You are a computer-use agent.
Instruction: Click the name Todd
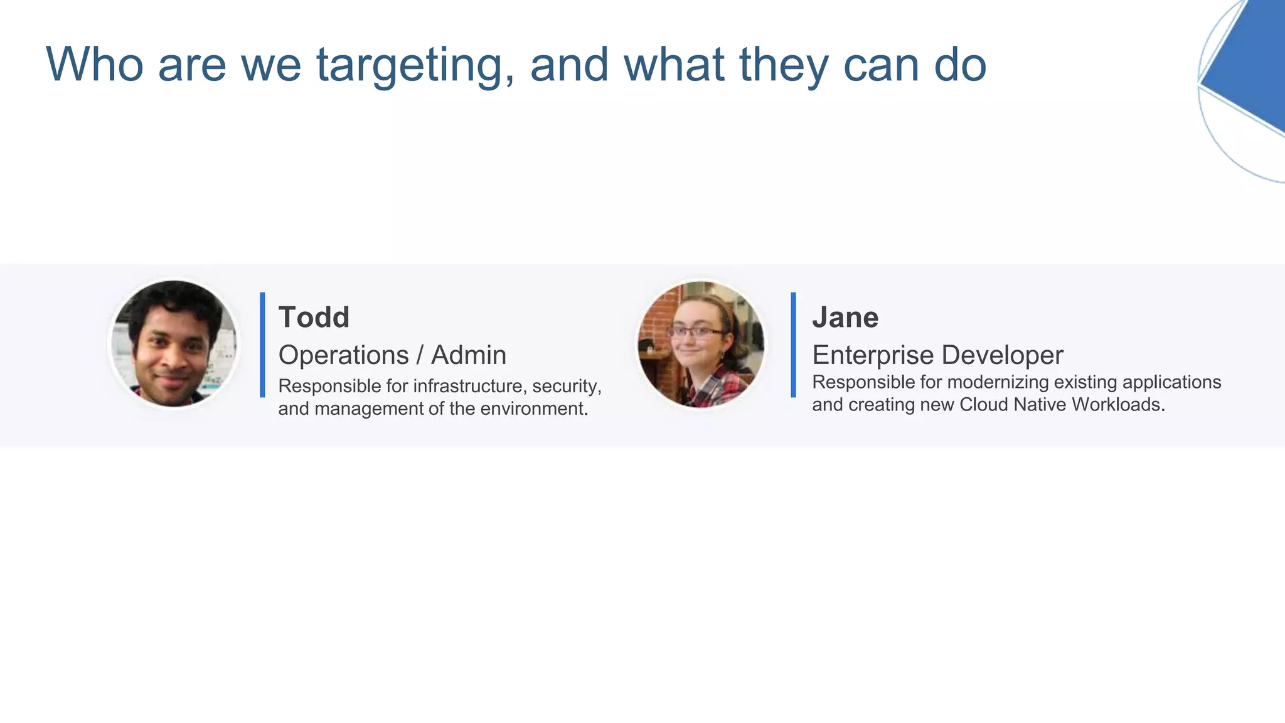pyautogui.click(x=314, y=318)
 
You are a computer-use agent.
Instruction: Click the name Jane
pyautogui.click(x=845, y=318)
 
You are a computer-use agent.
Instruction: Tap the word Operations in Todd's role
pyautogui.click(x=343, y=355)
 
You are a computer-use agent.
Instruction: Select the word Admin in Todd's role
pyautogui.click(x=469, y=355)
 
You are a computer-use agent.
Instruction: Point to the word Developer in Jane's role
pyautogui.click(x=1003, y=355)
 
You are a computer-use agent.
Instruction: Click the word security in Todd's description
pyautogui.click(x=567, y=386)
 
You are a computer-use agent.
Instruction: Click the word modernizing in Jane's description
pyautogui.click(x=998, y=382)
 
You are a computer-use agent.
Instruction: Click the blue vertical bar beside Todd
pyautogui.click(x=262, y=345)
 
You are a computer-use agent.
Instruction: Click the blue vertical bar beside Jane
pyautogui.click(x=794, y=345)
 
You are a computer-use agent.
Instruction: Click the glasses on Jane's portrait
pyautogui.click(x=695, y=331)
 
